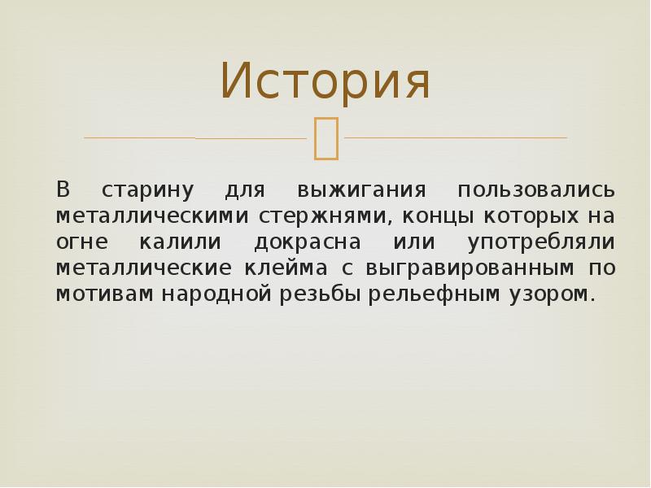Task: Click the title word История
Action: point(325,82)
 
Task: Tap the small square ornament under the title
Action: point(325,137)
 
